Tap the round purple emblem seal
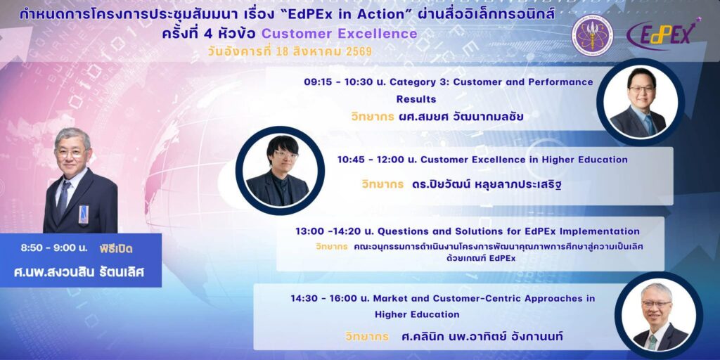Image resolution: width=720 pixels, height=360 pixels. tap(592, 35)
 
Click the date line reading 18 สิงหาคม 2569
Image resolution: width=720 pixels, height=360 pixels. tap(322, 51)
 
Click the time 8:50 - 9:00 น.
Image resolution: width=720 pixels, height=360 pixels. tap(53, 248)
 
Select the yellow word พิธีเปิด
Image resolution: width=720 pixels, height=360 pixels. tap(116, 250)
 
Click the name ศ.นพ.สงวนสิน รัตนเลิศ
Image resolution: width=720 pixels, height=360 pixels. tap(79, 272)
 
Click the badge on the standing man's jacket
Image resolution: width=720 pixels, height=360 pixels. tap(83, 214)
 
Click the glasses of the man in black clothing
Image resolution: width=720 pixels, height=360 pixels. tap(285, 155)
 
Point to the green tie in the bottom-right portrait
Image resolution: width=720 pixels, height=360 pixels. tap(652, 342)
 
